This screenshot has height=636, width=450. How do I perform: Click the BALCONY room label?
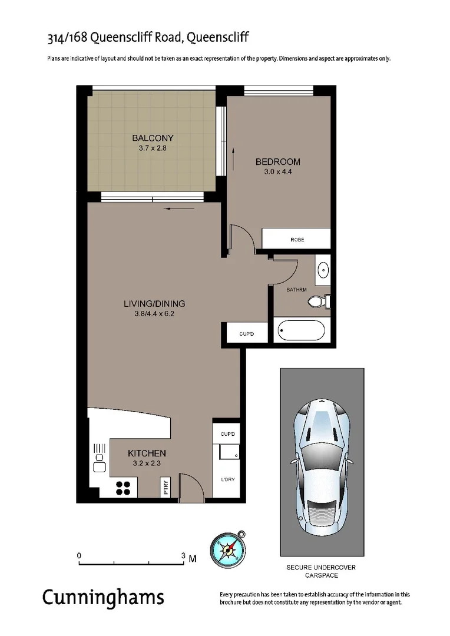[x=153, y=138]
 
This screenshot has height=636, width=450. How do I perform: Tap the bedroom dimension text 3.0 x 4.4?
[x=278, y=172]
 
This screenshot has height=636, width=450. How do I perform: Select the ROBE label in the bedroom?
[x=297, y=240]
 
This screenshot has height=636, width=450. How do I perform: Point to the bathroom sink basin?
[x=323, y=270]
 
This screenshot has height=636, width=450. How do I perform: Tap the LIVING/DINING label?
[x=154, y=304]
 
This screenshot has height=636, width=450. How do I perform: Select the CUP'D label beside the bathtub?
[x=246, y=334]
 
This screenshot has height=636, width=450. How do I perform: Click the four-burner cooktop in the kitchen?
[x=124, y=487]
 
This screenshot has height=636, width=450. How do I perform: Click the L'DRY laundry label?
[x=227, y=479]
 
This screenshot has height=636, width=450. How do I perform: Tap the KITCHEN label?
[x=147, y=453]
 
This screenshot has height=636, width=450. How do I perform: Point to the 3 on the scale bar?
[x=184, y=555]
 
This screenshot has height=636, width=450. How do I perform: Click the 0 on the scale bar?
[x=79, y=555]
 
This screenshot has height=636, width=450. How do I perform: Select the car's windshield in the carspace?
[x=322, y=423]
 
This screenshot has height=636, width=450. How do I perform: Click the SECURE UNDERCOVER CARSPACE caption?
[x=321, y=571]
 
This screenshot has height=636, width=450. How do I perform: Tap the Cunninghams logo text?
[x=102, y=598]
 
